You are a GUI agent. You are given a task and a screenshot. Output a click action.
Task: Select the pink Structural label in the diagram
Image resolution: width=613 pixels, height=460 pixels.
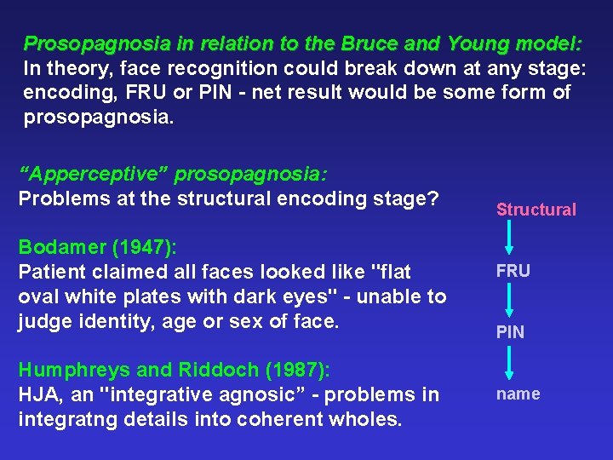[536, 210]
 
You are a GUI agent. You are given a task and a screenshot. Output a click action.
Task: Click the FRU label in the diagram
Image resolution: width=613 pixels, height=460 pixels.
[513, 271]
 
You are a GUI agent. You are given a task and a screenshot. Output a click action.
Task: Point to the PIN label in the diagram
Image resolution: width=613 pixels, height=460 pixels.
[511, 332]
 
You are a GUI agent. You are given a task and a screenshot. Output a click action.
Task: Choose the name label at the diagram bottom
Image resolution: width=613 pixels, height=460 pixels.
[518, 394]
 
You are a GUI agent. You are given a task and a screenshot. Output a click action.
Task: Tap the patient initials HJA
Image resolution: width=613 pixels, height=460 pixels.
[38, 395]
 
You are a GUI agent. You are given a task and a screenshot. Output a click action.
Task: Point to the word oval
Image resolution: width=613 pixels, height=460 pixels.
[39, 296]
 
